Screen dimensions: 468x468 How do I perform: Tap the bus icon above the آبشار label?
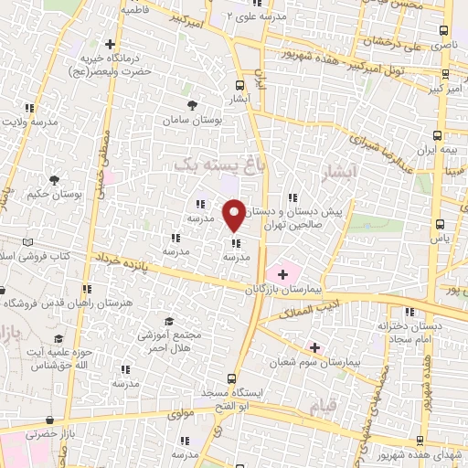[x=239, y=80]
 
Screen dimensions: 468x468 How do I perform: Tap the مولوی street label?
[x=182, y=415]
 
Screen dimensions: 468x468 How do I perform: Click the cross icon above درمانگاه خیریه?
[x=110, y=43]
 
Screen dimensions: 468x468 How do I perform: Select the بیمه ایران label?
[x=436, y=147]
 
